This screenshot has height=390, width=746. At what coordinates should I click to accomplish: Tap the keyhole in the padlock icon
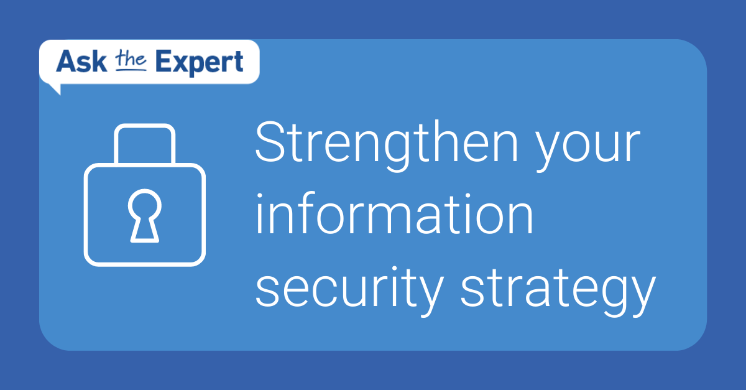point(144,215)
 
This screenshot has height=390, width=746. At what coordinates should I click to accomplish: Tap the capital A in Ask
point(66,62)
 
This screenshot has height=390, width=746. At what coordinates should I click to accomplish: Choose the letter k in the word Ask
point(99,62)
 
